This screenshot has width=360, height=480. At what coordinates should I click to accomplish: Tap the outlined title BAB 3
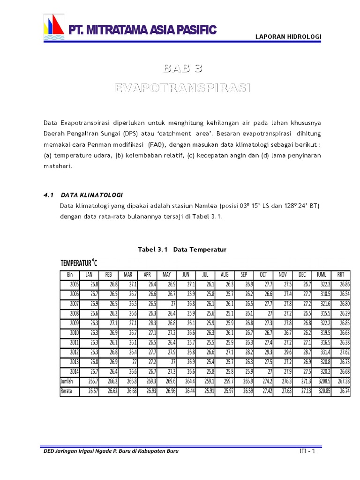(183, 69)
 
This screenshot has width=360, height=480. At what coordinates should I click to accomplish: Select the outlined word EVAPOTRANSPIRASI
(183, 88)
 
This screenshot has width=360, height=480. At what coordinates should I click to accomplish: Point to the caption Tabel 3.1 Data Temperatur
(182, 250)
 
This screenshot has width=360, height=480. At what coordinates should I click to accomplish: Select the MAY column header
(166, 275)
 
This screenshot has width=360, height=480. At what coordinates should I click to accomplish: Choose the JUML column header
(321, 275)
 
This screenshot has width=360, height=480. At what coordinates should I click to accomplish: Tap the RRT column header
(341, 275)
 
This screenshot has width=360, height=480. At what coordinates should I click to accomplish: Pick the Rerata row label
(66, 390)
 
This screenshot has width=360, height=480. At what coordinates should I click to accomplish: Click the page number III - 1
(307, 451)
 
